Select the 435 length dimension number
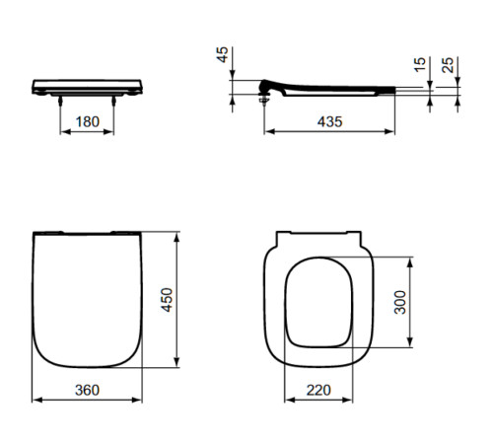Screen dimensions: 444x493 pyautogui.click(x=329, y=122)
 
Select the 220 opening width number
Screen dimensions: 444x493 pyautogui.click(x=318, y=391)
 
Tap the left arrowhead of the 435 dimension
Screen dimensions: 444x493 pyautogui.click(x=267, y=132)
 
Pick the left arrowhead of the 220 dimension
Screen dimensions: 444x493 pyautogui.click(x=289, y=401)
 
